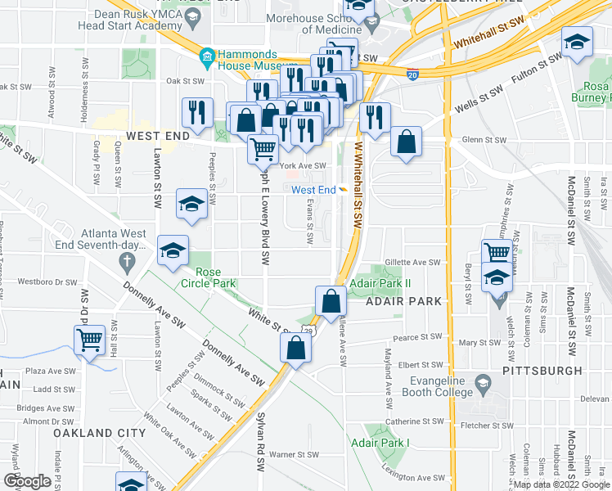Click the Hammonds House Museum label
click(251, 63)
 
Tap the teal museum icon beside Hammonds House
click(205, 56)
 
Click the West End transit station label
click(313, 190)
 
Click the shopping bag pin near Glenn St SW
click(406, 143)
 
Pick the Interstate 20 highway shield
click(412, 74)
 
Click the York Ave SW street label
click(303, 166)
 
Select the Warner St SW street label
click(294, 454)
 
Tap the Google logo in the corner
click(27, 481)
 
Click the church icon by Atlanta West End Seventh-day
click(126, 261)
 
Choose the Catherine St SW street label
click(414, 421)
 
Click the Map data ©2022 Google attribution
click(560, 484)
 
